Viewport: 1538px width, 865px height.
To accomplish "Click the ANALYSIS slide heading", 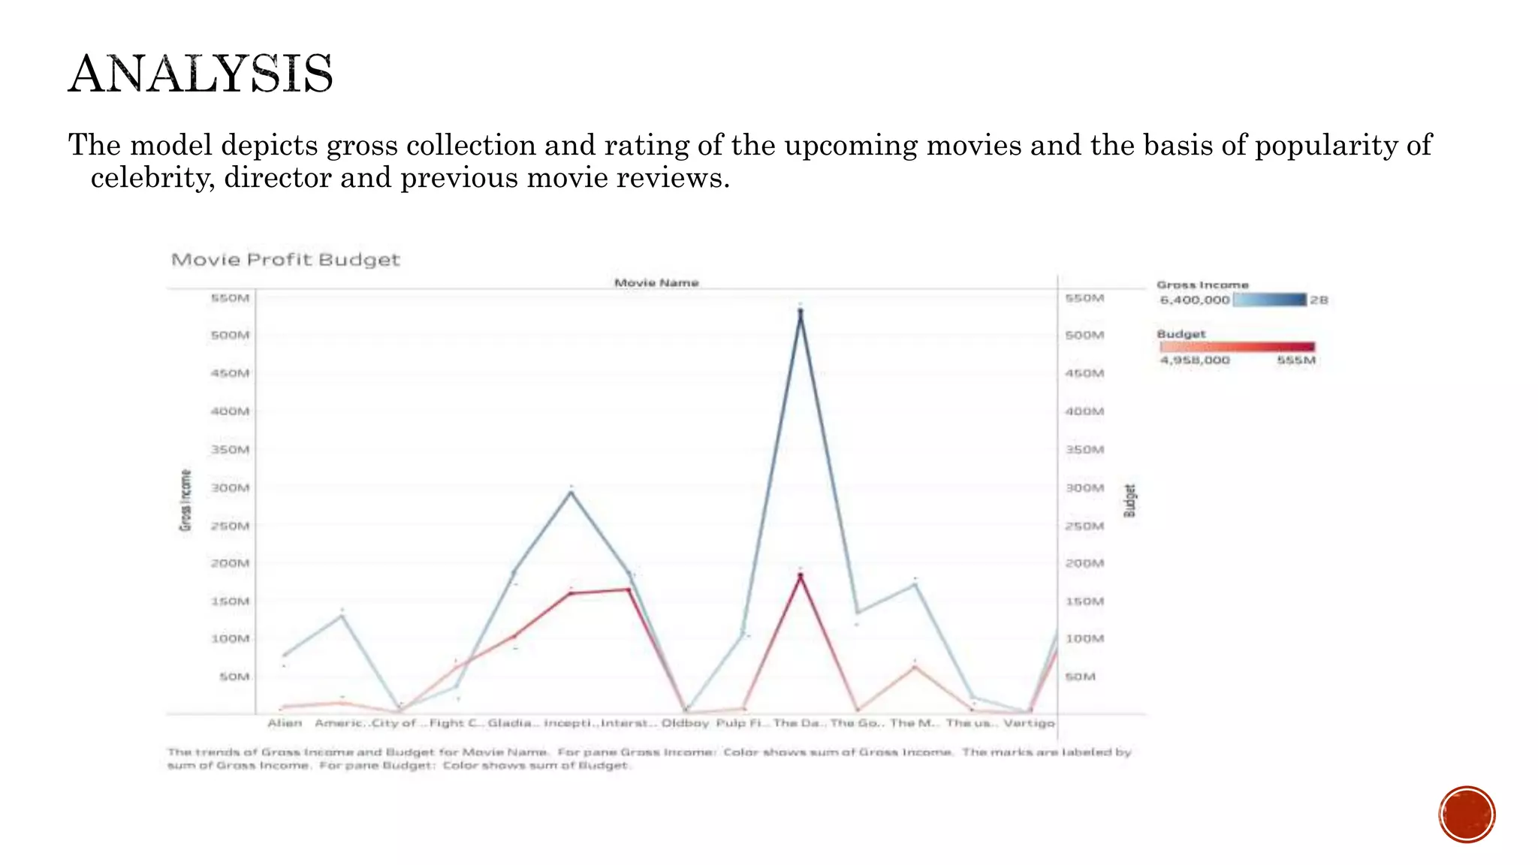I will (x=201, y=74).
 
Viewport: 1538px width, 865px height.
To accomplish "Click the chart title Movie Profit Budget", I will (x=285, y=260).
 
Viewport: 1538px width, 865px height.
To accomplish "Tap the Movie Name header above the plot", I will (x=656, y=283).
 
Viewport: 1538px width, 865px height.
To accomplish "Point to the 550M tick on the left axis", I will (x=230, y=298).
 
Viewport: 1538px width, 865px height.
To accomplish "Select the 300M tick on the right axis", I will (x=1084, y=488).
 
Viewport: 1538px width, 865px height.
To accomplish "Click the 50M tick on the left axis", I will (x=234, y=677).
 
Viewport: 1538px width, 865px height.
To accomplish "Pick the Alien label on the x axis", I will (x=285, y=723).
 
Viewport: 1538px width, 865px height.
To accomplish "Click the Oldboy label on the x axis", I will (x=685, y=723).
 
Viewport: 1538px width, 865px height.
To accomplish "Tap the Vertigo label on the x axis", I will (x=1029, y=723).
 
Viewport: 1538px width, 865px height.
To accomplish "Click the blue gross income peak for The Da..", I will (x=801, y=312).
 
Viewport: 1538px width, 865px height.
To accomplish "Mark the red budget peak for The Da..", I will (x=801, y=576).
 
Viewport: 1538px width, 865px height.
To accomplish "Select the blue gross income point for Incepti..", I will (x=571, y=492).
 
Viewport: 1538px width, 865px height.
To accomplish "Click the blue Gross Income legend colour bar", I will (x=1270, y=300).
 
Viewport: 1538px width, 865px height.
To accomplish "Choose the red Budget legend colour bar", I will (x=1238, y=346).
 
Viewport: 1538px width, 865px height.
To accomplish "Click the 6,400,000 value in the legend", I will (x=1195, y=300).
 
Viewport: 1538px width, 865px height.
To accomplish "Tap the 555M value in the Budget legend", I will (x=1296, y=360).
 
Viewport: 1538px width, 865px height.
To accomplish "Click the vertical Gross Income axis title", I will (x=185, y=500).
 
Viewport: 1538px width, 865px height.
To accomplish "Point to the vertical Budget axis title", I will (x=1129, y=500).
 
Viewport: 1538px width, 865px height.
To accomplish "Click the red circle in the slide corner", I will (x=1467, y=815).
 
